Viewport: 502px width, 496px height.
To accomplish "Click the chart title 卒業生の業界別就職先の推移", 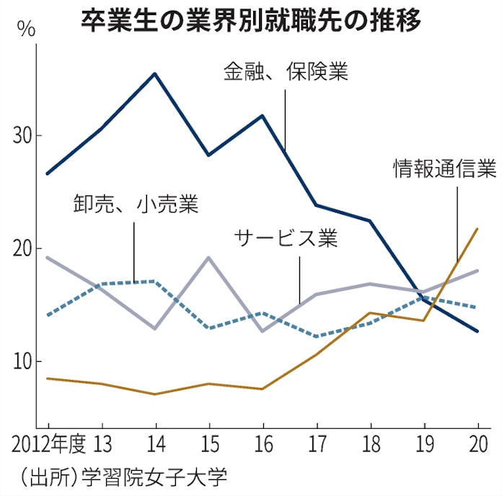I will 250,19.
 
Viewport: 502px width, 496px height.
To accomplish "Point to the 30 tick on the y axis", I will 24,136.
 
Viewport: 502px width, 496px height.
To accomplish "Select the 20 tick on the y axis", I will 24,249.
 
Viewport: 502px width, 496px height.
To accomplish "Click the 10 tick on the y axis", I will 24,361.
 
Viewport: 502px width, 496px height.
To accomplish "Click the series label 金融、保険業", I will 286,72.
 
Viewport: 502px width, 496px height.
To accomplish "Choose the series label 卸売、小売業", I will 135,204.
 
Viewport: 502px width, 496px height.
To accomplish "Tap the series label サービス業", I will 286,238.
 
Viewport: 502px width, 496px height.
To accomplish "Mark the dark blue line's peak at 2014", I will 154,74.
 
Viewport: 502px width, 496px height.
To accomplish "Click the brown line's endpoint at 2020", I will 477,229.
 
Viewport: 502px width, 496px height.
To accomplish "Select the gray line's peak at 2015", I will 208,257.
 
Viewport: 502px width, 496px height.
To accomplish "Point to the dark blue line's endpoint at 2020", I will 477,331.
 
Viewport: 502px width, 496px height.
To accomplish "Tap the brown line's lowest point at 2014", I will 154,394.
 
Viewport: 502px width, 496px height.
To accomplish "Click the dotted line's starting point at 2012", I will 48,315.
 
